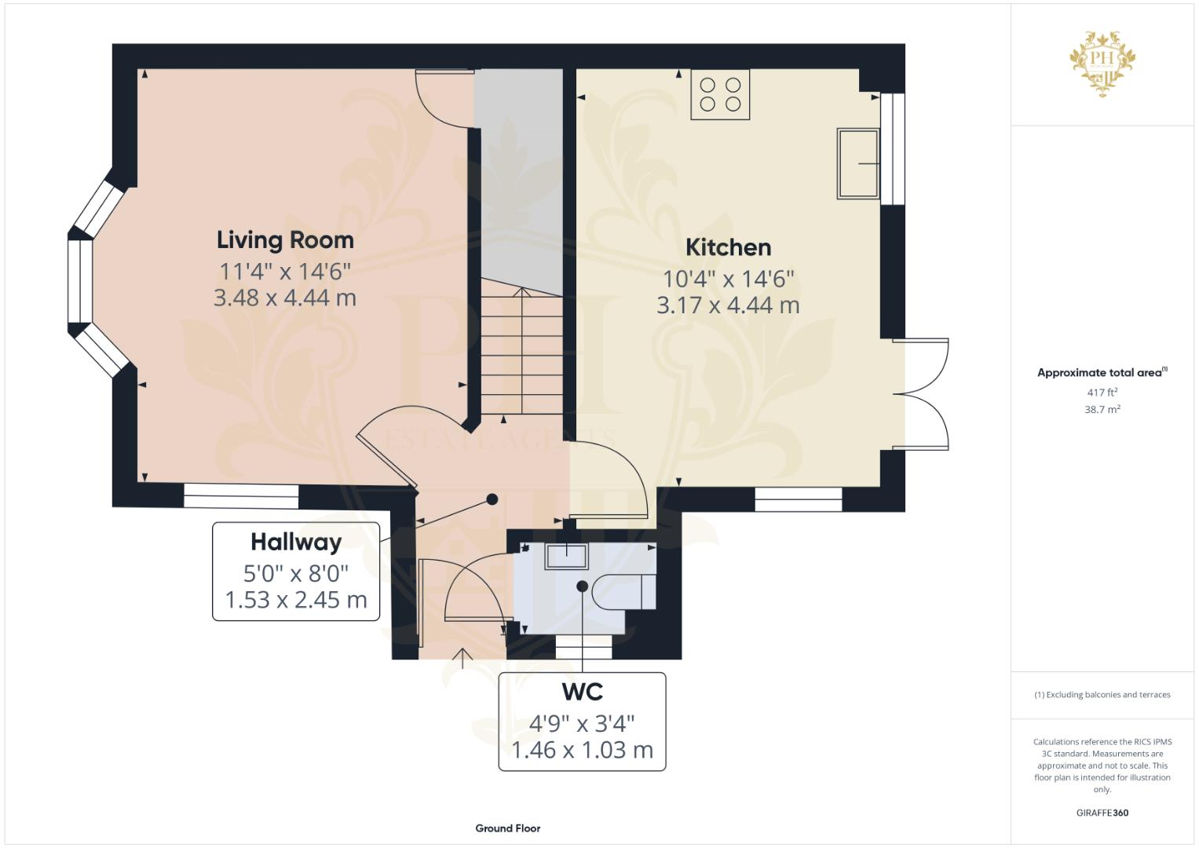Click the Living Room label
tap(285, 239)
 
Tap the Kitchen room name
tap(728, 247)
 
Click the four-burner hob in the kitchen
tap(720, 94)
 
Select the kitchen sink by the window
tap(858, 163)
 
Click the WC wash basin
tap(565, 555)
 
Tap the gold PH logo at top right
tap(1102, 63)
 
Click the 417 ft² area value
tap(1102, 392)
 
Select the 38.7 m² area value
tap(1102, 409)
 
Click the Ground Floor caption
tap(507, 828)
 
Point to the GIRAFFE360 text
tap(1102, 813)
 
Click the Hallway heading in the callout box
tap(296, 542)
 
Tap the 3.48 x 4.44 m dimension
tap(285, 298)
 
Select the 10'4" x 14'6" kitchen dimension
tap(728, 279)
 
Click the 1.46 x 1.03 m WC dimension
tap(582, 750)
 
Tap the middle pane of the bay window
tap(80, 280)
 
